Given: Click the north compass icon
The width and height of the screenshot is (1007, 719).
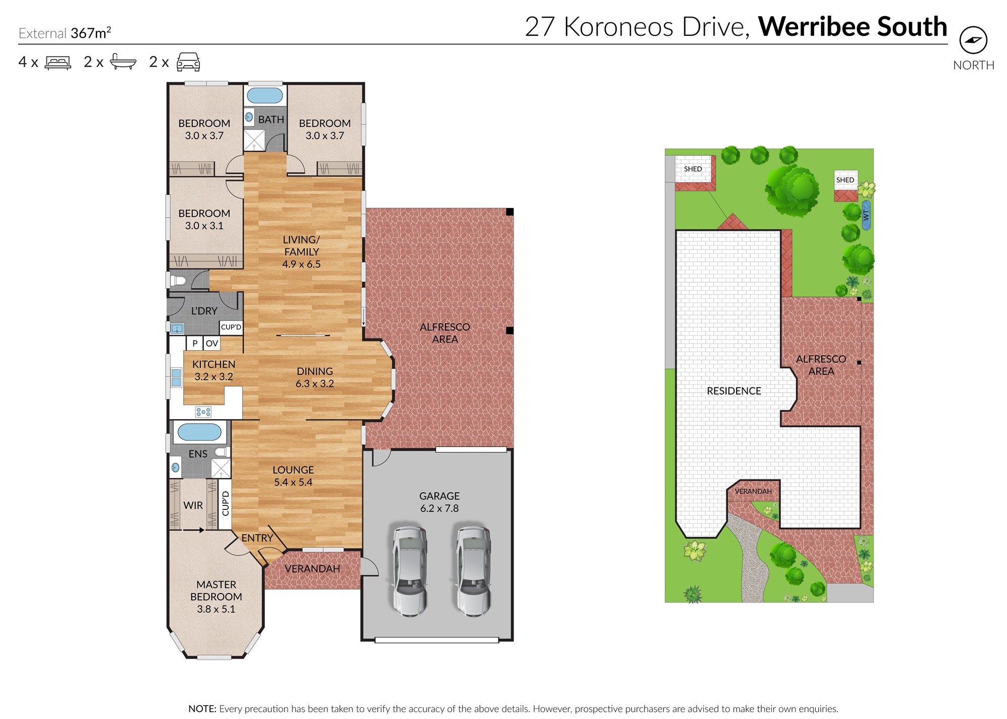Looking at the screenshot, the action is [x=973, y=40].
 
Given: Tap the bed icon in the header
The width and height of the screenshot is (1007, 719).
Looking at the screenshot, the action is [x=58, y=62].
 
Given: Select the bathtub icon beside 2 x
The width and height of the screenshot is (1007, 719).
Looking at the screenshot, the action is [x=123, y=62].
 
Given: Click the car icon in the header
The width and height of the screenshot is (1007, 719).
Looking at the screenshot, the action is [x=188, y=62].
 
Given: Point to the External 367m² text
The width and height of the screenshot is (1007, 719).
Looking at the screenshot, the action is [x=64, y=33].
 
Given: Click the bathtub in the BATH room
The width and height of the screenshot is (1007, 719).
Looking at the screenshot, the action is [x=265, y=95].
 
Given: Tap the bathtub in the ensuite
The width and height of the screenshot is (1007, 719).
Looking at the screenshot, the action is [x=199, y=432].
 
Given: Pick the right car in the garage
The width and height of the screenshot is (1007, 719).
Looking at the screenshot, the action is [x=473, y=571].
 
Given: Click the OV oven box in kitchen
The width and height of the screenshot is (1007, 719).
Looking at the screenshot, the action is [x=212, y=344].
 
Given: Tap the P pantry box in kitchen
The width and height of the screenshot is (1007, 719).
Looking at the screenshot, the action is [x=195, y=344].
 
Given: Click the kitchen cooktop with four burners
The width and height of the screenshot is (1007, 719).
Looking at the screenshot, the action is [x=203, y=412].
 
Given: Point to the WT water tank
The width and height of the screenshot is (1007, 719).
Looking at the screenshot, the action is [x=866, y=215].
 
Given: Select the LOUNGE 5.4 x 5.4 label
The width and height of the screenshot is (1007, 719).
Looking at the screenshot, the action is [x=293, y=476].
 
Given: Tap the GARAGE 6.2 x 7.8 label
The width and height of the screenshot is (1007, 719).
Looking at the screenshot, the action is [x=440, y=502].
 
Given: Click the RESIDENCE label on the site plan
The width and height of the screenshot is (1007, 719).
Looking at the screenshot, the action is [x=734, y=391].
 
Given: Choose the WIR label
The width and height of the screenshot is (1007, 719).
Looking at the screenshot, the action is [x=193, y=505].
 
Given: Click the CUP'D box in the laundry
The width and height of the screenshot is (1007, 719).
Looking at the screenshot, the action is [x=231, y=327].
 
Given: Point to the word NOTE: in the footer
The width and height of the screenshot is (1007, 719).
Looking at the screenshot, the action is [x=202, y=709].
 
